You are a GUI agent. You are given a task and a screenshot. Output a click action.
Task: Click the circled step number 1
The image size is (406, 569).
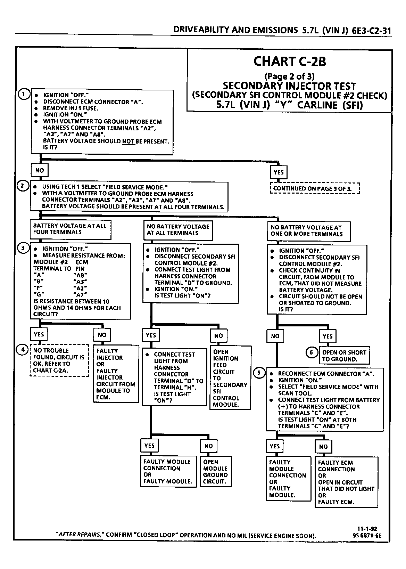point(24,95)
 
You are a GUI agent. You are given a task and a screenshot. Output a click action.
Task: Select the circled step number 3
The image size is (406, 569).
point(23,248)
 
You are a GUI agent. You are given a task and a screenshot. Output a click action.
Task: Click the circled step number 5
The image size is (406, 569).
point(259,373)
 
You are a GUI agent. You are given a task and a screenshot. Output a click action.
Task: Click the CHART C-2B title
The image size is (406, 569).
point(290,62)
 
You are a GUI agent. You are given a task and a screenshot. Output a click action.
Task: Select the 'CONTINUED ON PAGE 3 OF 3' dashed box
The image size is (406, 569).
point(315,188)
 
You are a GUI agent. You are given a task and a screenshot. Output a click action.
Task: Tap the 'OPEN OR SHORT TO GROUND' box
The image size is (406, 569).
point(344,355)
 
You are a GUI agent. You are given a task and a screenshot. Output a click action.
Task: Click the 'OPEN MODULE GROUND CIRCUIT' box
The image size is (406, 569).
point(216,471)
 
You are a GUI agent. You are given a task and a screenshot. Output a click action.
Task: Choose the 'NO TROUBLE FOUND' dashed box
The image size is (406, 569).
point(59,360)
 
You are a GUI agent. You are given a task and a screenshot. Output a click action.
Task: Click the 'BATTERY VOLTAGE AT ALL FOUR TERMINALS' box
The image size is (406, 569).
point(71,229)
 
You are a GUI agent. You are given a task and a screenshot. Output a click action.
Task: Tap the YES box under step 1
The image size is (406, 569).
point(278,172)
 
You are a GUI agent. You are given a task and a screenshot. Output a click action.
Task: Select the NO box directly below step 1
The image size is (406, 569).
point(40,170)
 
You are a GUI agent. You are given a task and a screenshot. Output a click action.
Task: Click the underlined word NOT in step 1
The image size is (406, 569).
point(128,141)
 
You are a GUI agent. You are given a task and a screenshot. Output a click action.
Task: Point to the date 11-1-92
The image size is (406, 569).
point(367,529)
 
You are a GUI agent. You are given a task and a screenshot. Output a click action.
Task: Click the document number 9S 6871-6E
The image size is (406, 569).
point(367,536)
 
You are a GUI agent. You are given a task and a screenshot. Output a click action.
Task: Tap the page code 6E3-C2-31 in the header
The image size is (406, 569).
point(371,31)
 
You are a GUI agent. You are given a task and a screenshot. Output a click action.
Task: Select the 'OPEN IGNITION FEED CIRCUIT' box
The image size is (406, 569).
point(230,378)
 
